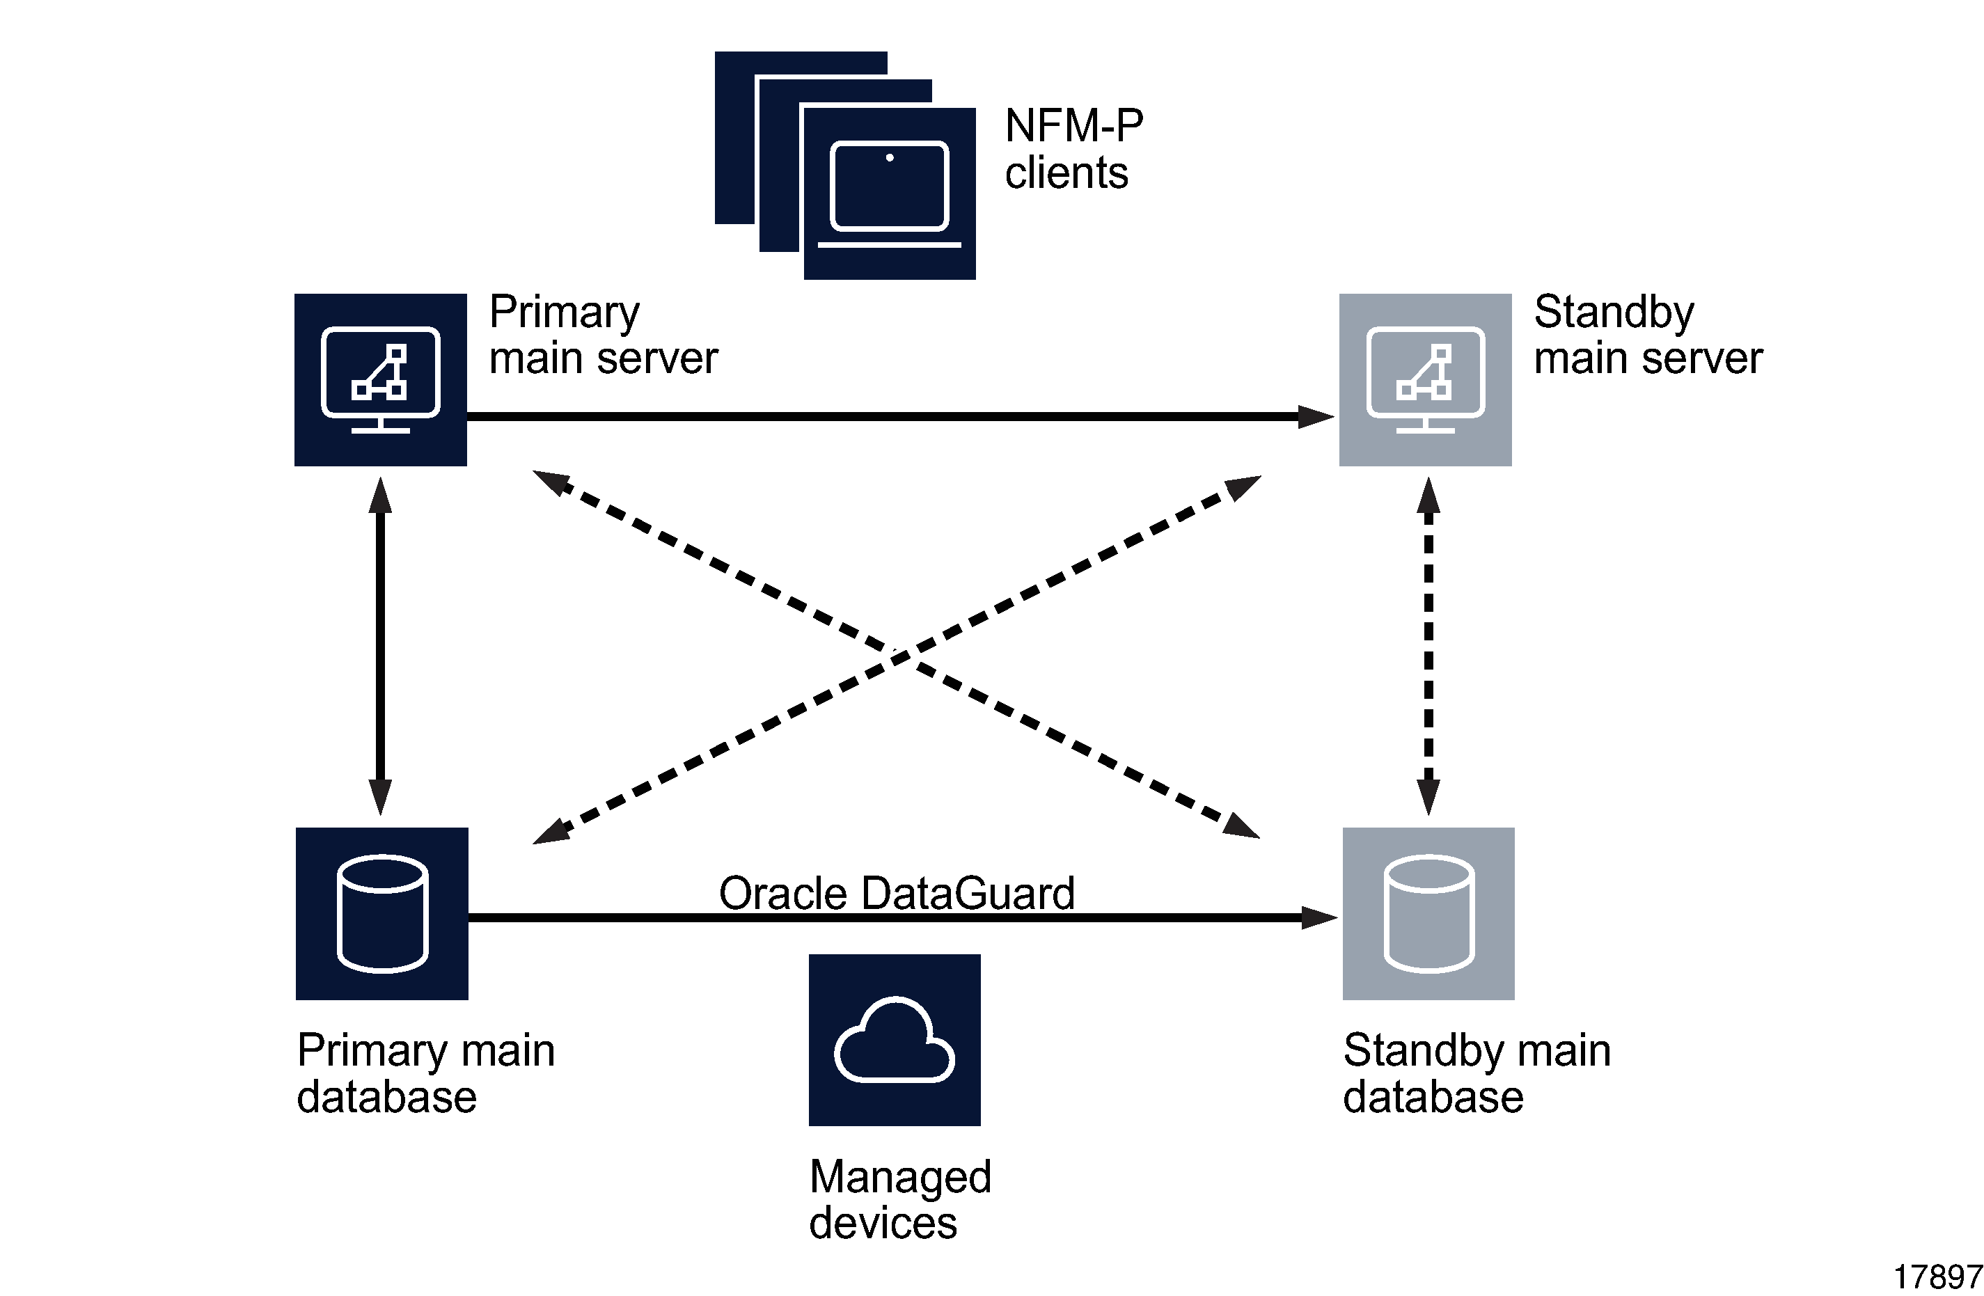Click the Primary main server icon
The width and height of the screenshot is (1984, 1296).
380,379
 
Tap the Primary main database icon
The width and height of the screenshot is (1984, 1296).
381,913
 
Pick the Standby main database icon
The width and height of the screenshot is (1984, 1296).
1428,913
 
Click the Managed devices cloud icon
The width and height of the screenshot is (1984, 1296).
894,1039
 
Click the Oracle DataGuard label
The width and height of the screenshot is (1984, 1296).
896,894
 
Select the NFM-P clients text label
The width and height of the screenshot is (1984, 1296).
1073,149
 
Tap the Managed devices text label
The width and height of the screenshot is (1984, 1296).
899,1199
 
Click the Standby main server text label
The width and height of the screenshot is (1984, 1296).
1647,335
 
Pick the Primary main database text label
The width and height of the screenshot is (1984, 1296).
425,1073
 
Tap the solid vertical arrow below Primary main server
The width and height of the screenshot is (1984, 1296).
380,646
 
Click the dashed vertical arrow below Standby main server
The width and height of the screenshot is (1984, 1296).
1428,646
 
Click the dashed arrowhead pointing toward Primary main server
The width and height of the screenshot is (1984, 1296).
550,481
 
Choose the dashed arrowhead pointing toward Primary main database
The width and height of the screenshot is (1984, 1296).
550,832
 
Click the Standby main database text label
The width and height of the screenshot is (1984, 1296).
1476,1073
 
